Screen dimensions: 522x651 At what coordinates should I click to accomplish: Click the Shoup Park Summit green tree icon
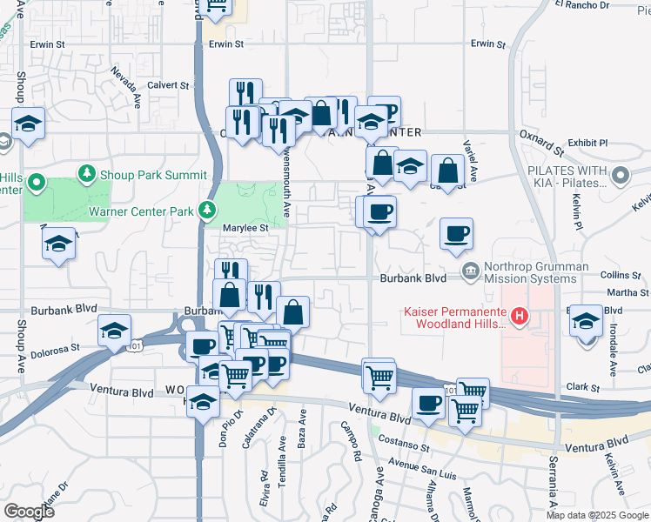tap(87, 175)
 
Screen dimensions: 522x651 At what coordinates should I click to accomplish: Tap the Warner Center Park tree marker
tap(206, 210)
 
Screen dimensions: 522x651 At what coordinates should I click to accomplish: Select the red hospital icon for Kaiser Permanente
tap(519, 316)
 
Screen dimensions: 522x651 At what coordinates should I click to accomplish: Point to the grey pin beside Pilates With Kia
tap(621, 177)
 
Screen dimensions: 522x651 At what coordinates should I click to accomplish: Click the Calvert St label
tap(168, 85)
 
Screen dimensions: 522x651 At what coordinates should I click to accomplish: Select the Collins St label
tap(621, 275)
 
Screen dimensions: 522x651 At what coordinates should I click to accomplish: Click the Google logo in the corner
tap(29, 512)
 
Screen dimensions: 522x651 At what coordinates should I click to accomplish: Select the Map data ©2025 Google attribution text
tap(597, 514)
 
